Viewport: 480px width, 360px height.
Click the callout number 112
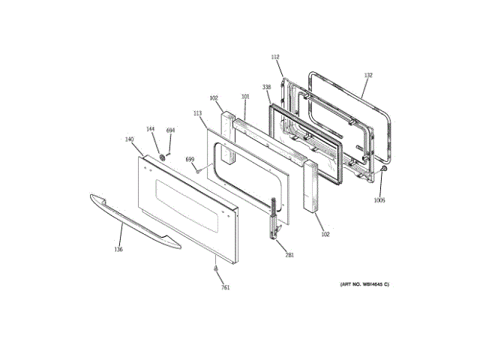274,58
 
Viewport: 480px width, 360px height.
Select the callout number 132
367,76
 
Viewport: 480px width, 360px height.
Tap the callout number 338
266,88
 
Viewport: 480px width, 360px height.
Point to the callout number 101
244,96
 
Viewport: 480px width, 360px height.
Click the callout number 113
198,113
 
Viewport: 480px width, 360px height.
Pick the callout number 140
129,139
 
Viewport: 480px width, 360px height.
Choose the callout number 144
150,130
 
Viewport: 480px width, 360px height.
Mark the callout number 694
170,131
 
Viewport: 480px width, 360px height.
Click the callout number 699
190,160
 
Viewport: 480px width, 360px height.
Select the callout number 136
118,249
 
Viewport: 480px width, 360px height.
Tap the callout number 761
225,288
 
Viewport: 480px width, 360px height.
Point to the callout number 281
289,256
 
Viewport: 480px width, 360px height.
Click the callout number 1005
379,200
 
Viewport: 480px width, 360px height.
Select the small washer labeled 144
161,157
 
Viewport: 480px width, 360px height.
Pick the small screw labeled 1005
384,171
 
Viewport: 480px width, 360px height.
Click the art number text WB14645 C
365,284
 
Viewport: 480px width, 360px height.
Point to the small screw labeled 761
215,268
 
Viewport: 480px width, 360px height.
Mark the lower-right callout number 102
325,235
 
